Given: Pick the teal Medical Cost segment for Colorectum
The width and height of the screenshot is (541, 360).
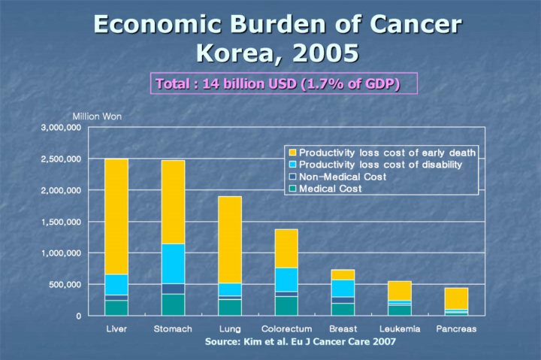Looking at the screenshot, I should [x=286, y=305].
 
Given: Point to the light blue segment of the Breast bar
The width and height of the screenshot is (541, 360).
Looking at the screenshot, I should [x=342, y=288].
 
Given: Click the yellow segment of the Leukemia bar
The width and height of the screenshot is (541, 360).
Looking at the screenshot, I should [x=399, y=290].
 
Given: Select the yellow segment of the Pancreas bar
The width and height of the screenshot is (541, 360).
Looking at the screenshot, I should [x=455, y=298].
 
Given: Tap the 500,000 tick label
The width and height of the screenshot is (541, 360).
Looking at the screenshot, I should [x=66, y=285].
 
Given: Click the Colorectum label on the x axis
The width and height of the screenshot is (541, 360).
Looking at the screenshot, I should [x=286, y=329].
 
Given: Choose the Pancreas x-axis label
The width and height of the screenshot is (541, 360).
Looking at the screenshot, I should [x=456, y=329].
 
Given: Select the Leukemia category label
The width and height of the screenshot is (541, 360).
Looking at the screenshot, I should [x=400, y=329].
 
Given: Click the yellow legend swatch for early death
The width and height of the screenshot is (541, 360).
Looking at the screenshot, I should [x=292, y=153].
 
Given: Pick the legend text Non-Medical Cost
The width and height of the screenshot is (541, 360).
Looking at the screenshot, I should [x=343, y=177].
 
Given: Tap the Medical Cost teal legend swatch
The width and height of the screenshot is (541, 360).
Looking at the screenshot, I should [x=292, y=189].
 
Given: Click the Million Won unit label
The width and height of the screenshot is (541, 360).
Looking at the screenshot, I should [x=97, y=116].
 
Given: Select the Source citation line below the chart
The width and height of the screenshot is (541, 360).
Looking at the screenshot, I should [x=300, y=342].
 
